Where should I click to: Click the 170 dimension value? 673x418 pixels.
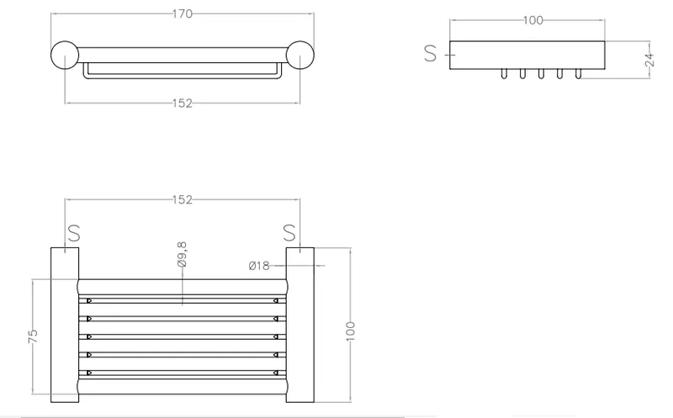coord(183,14)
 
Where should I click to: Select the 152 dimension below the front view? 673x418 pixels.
coord(183,103)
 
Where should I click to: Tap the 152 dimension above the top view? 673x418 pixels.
coord(183,200)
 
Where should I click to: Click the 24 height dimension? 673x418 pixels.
coord(649,60)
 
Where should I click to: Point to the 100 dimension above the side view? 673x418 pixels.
coord(533,20)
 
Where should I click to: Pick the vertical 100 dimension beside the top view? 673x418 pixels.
coord(351,331)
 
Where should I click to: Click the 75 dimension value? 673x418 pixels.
coord(33,336)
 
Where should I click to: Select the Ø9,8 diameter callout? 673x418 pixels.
coord(182,255)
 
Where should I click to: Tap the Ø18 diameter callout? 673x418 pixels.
coord(259,266)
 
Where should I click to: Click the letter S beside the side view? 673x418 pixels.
coord(431,54)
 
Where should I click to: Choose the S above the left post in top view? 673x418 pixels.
coord(74,233)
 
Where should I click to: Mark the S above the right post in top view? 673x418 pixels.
coord(289,233)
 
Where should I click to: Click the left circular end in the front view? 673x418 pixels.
coord(65,55)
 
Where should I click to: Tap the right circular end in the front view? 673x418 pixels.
coord(300,55)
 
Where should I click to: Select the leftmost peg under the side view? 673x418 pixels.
coord(504,74)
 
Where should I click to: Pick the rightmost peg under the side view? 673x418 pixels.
coord(578,74)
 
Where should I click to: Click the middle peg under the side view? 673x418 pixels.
coord(541,74)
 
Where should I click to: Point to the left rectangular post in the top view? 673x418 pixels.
coord(65,325)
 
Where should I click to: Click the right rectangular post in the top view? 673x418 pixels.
coord(300,325)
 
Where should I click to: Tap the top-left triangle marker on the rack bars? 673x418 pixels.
coord(89,301)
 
